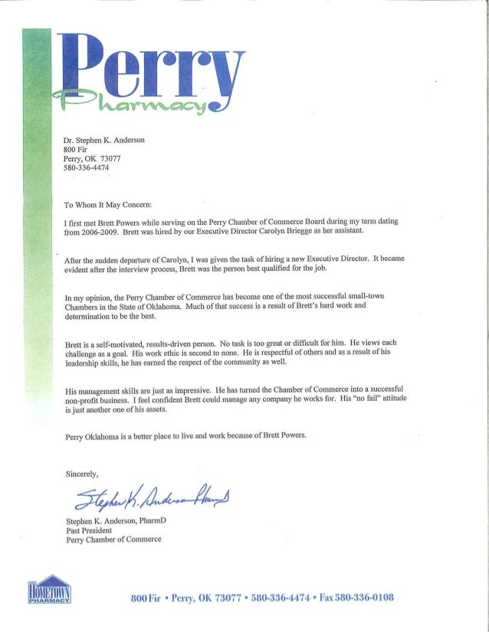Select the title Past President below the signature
(90, 530)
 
